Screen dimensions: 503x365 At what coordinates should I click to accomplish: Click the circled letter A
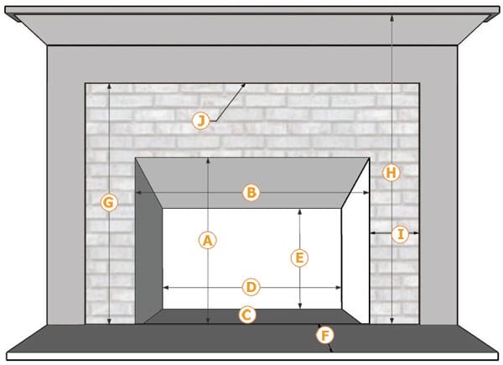click(208, 240)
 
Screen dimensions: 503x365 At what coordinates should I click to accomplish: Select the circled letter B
click(251, 193)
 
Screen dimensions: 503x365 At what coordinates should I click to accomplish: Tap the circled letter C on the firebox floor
click(247, 315)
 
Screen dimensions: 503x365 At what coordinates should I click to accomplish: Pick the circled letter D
click(251, 287)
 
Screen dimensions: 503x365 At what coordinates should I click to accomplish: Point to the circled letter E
click(299, 258)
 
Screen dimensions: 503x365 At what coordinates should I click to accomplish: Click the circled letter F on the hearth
click(325, 336)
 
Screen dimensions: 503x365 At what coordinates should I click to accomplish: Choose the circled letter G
click(109, 203)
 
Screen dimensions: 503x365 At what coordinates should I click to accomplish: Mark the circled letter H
click(392, 173)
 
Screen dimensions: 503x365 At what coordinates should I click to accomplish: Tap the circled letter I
click(400, 234)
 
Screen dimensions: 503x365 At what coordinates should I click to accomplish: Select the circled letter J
click(200, 121)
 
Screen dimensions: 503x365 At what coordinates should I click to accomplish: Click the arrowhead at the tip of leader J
click(243, 86)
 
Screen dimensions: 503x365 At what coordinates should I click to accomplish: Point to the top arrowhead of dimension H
click(392, 18)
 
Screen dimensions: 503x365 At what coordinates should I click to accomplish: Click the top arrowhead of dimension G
click(109, 86)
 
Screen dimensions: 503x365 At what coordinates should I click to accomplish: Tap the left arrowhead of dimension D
click(166, 288)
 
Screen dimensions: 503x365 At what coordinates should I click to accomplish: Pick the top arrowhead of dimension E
click(299, 212)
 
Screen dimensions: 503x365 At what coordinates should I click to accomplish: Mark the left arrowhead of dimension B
click(138, 193)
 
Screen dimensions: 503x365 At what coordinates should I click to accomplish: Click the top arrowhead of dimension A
click(208, 161)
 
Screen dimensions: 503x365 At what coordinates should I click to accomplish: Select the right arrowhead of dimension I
click(416, 233)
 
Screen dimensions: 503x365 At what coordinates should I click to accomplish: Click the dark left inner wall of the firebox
click(148, 250)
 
